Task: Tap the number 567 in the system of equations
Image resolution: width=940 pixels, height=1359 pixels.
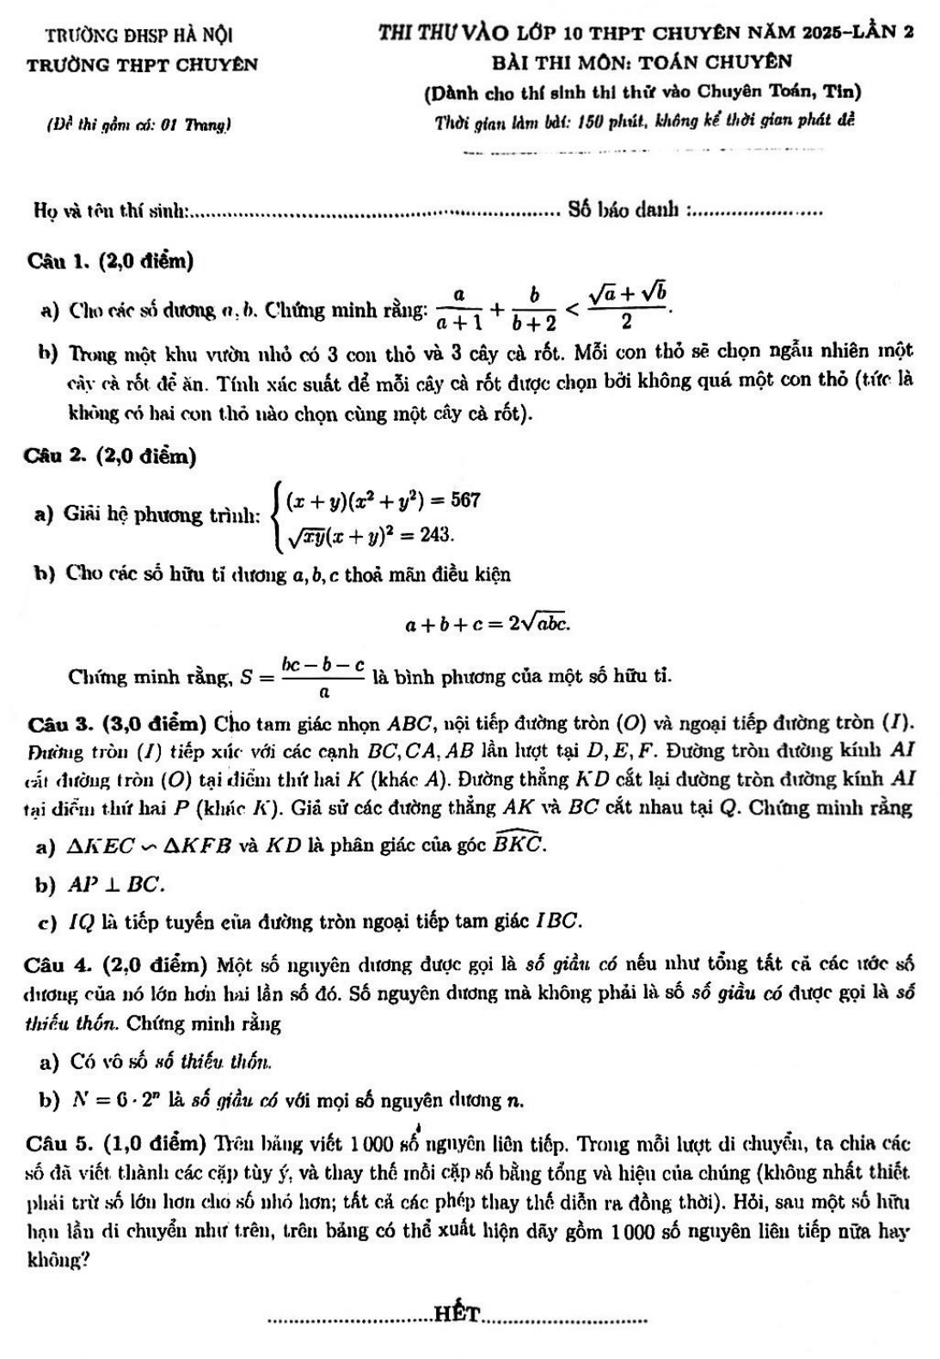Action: click(x=464, y=500)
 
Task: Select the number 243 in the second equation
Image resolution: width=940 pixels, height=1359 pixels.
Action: click(x=436, y=534)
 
